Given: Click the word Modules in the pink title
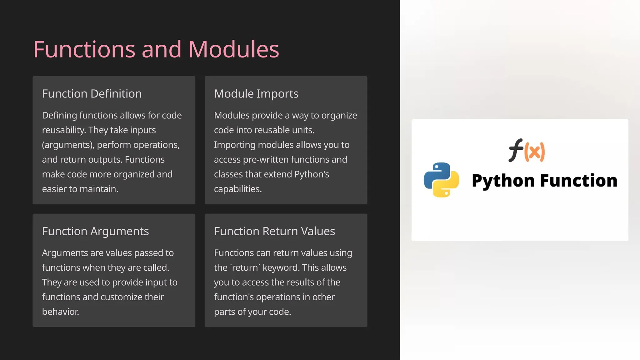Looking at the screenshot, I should coord(233,49).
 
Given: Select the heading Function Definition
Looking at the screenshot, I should coord(92,94).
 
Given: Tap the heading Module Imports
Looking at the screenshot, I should coord(256,94).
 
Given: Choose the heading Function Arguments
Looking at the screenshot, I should coord(95,231).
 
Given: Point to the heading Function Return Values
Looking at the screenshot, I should coord(274,231).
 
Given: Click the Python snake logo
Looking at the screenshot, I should coord(441,180).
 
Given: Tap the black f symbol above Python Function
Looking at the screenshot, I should coord(516,150).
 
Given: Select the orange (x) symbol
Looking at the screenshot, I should coord(535,152).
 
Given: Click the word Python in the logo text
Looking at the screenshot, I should coord(503,181).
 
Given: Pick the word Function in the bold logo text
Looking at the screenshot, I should coord(579,181).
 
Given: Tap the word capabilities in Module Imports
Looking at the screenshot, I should coord(237,189).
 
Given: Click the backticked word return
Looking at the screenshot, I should coord(245,268).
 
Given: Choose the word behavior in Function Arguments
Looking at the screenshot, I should coord(60,312).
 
